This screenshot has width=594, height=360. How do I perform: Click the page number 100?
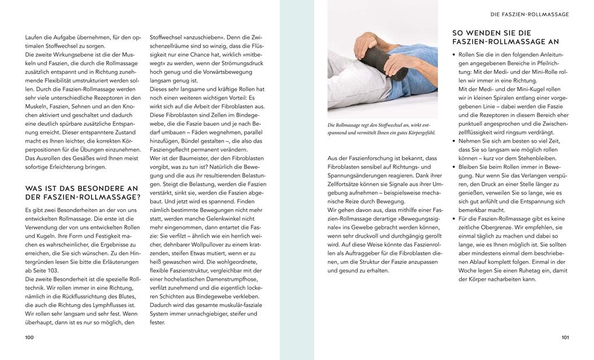pos(30,337)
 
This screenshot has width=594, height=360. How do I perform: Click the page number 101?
pos(564,337)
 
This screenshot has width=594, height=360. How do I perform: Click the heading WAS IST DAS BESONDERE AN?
pos(82,188)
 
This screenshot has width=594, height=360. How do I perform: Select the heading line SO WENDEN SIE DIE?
pos(492,33)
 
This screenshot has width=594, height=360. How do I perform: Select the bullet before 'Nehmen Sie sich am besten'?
pos(454,140)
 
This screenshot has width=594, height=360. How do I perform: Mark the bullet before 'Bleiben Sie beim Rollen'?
pos(454,167)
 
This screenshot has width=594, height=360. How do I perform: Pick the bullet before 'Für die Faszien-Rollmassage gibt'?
pos(454,218)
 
